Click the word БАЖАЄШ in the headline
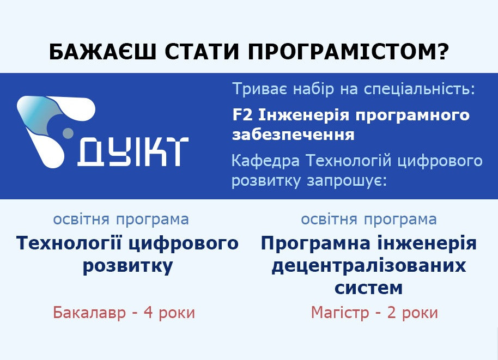[x=102, y=52]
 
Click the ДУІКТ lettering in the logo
[x=133, y=152]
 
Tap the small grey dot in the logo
[x=68, y=133]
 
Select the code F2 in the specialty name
[x=242, y=115]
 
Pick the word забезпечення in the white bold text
[x=293, y=135]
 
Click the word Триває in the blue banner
[x=260, y=89]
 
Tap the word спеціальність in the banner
[x=419, y=89]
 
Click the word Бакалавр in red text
[x=89, y=313]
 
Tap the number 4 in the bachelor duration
[x=148, y=313]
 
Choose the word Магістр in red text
[x=340, y=313]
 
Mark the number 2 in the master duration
[x=391, y=313]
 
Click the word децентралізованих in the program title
[x=369, y=266]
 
